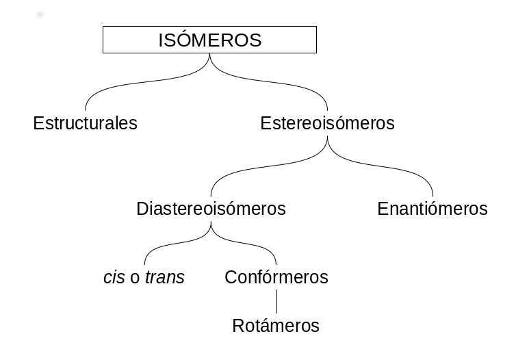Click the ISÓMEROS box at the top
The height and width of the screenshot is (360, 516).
tap(209, 40)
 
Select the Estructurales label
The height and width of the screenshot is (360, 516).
tap(86, 123)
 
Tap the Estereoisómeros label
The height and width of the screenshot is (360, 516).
tap(327, 123)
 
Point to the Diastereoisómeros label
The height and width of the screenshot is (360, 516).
tap(211, 209)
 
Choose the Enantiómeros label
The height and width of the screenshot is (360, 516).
tap(432, 209)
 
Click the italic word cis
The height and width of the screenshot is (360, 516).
tap(114, 278)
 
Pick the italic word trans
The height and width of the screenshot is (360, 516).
tap(164, 278)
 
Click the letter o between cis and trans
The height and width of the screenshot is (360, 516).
tap(135, 279)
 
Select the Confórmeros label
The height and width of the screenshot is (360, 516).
tap(276, 278)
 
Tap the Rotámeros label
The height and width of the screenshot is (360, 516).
tap(276, 326)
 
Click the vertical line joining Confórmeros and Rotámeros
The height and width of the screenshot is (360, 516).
tap(276, 303)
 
